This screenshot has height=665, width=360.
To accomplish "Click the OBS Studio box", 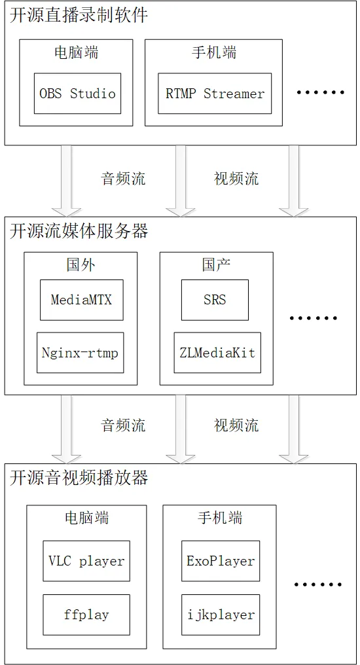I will point(77,93).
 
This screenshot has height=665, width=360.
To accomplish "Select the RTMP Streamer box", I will point(215,93).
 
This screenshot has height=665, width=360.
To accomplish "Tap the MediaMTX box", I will point(81,300).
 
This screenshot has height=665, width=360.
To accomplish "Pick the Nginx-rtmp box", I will point(80,353).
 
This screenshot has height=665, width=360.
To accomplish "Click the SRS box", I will point(215,300).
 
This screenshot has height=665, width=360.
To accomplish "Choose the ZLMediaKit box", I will point(217,353).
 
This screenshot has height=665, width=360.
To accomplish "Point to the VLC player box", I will point(86,561).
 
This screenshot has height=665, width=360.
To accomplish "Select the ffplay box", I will point(86,615).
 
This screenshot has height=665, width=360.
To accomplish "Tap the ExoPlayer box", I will point(220,561).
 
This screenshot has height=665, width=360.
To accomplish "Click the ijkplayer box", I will point(220,615).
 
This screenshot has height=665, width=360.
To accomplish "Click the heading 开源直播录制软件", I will point(79,16).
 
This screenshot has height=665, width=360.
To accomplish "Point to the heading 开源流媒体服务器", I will point(79,230).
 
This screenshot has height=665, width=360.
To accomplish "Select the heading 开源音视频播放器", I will point(79,478).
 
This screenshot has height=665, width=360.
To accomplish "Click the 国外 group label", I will point(81,265).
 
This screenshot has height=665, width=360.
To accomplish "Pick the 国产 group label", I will point(216,265).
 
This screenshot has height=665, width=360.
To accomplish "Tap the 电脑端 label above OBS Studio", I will point(76,53).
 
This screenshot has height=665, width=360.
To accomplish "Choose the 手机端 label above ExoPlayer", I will point(220,518).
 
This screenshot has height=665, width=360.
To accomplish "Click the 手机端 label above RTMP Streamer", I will point(214,53).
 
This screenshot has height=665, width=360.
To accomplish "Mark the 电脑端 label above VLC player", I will point(86,518).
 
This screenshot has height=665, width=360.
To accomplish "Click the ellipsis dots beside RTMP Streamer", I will point(320,93).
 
